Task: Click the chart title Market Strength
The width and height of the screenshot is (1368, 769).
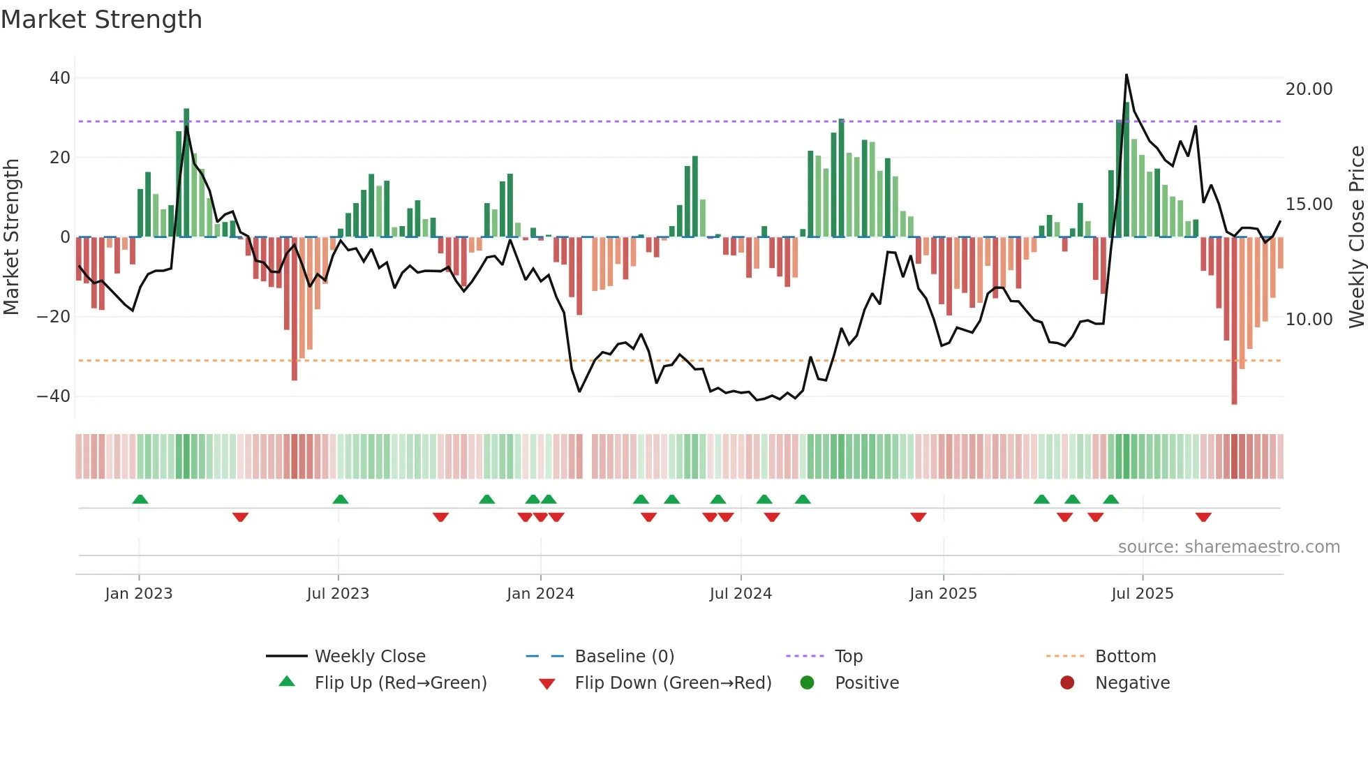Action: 101,20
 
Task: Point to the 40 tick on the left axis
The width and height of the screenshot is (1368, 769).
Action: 60,78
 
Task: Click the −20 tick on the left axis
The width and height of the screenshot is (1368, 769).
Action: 54,317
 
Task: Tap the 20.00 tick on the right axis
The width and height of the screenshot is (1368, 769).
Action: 1309,89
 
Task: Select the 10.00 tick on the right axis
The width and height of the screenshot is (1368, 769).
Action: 1309,320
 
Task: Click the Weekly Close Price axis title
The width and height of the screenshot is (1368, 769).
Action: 1356,237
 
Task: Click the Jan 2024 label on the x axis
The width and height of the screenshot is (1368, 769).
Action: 540,594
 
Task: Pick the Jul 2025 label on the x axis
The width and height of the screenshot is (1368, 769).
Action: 1142,594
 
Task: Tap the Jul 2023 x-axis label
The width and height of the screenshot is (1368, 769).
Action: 338,594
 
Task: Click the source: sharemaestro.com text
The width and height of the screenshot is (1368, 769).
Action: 1228,547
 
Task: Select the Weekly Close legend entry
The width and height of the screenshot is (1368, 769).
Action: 370,657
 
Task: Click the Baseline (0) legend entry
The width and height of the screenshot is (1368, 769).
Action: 624,657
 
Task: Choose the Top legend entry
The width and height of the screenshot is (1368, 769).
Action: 849,657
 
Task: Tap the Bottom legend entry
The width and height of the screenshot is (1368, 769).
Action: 1125,657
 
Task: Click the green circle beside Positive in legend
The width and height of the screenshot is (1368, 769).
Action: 807,683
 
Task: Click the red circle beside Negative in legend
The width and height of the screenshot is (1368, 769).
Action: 1067,683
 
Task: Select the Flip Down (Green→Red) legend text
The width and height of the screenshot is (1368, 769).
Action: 673,683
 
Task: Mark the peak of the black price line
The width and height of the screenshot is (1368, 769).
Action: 1127,75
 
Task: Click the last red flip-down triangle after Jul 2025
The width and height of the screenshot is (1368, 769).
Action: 1203,517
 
